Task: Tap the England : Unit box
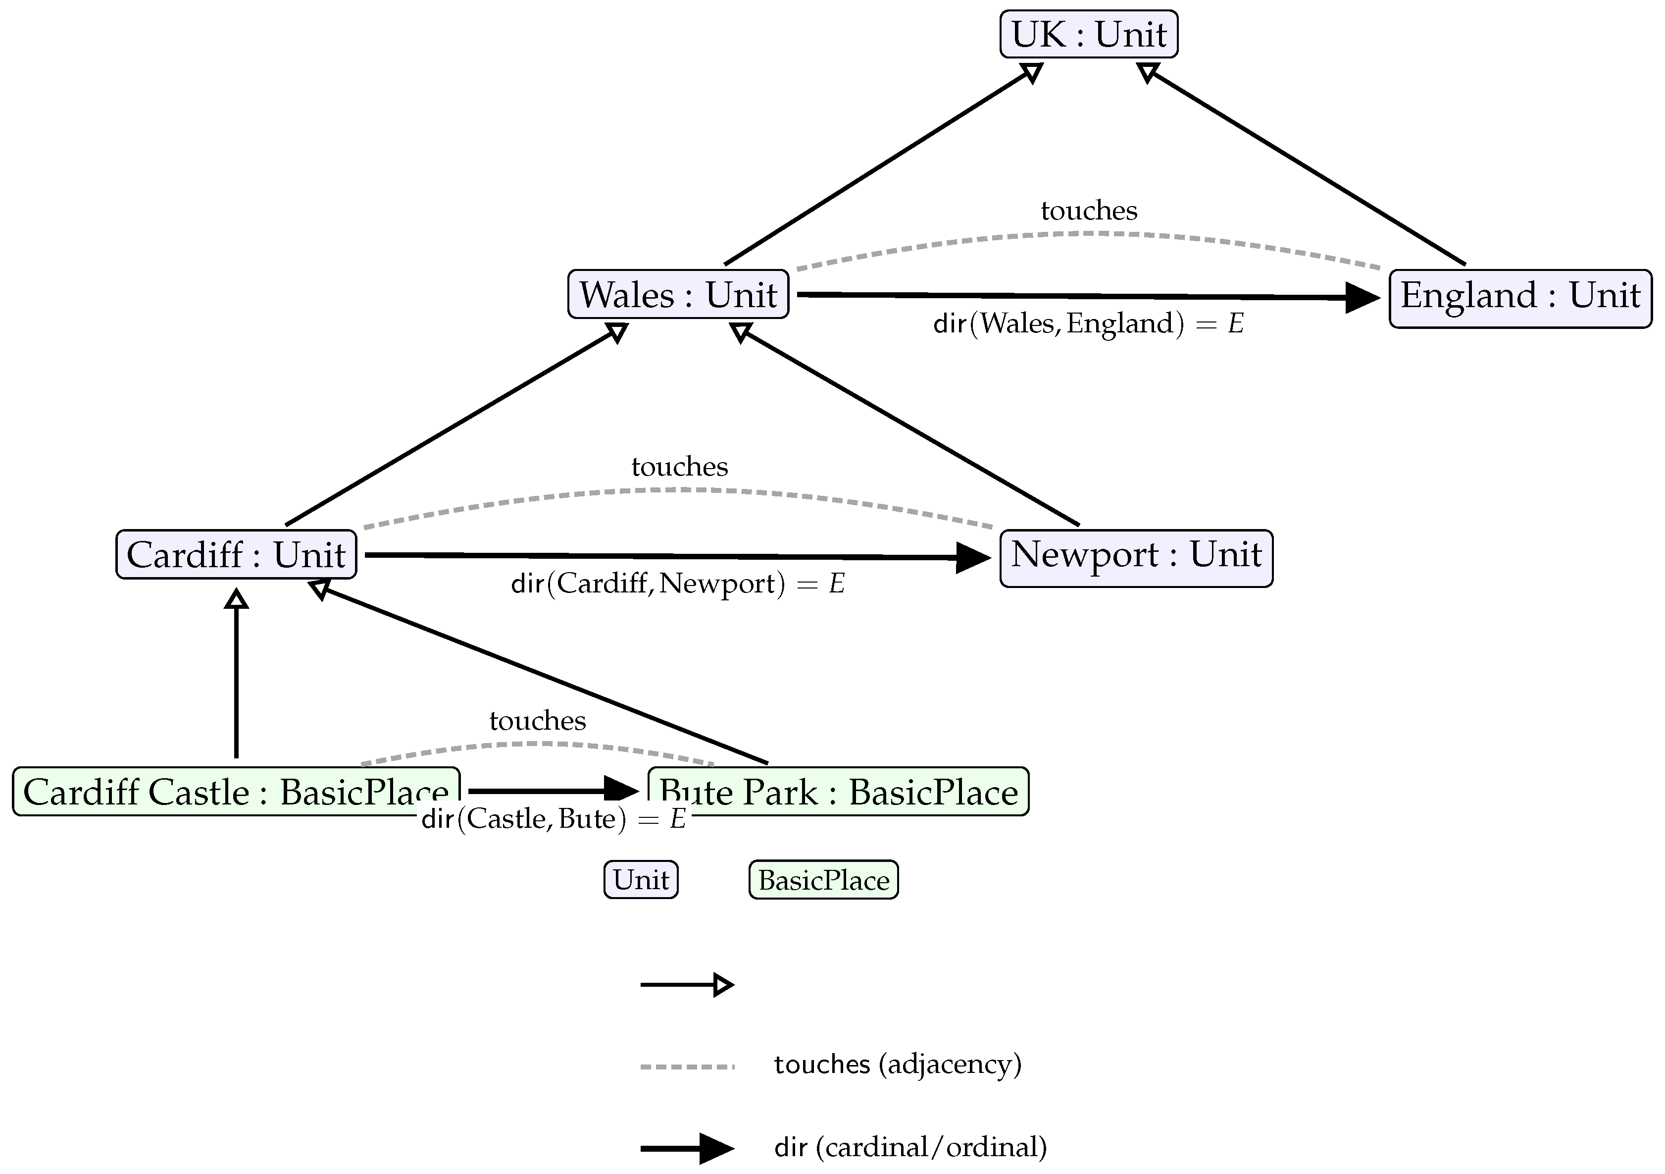coord(1519,298)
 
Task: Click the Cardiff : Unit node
coord(236,555)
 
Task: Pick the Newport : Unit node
coord(1136,558)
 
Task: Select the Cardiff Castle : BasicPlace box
coord(236,792)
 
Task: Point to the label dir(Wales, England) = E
coord(1088,323)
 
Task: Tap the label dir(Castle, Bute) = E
coord(554,819)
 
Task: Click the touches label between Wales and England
coord(1089,211)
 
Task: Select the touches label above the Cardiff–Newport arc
coord(679,467)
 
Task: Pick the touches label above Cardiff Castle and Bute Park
coord(537,721)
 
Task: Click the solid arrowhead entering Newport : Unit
coord(973,558)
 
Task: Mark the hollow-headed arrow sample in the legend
coord(687,985)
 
